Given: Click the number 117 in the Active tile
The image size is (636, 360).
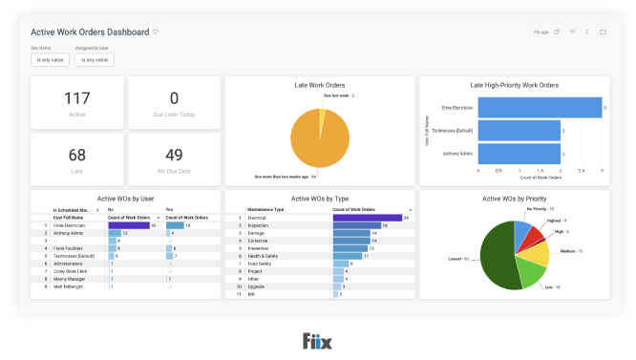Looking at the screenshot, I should (77, 98).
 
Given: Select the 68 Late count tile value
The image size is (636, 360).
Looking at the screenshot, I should (77, 155).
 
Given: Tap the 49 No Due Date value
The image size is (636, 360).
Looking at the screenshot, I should (174, 155).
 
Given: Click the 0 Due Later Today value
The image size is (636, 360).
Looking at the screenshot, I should (174, 98).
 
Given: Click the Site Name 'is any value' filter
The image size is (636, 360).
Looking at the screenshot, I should (50, 60).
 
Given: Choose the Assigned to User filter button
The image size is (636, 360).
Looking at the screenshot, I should (95, 60).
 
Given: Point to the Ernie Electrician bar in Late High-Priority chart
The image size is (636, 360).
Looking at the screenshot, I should (540, 108).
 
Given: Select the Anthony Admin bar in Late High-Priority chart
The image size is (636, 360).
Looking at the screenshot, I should (519, 153).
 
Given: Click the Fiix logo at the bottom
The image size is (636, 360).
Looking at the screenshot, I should (317, 341).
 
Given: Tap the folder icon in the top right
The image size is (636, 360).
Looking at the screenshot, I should (603, 32).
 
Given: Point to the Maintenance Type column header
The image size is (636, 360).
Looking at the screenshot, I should (267, 209).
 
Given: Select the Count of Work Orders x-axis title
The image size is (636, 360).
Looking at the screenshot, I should (540, 179).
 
